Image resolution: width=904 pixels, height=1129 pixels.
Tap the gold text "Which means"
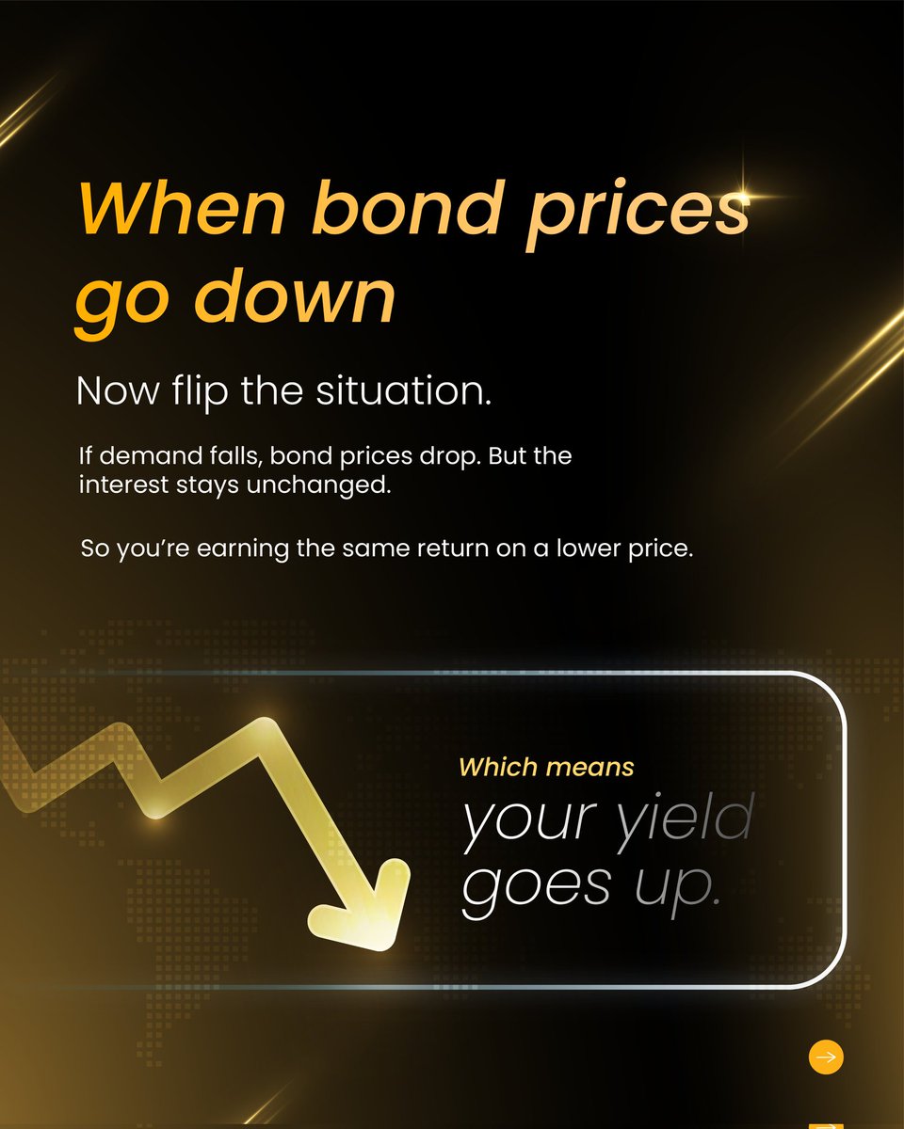[x=546, y=768]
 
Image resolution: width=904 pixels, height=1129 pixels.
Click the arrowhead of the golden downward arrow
[x=363, y=917]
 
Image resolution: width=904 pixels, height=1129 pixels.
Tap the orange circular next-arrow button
[x=826, y=1057]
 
